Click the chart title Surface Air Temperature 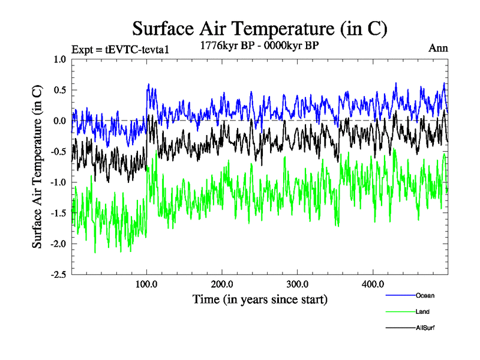259,28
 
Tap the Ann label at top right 438,48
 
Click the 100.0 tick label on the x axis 147,284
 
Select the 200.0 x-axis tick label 222,284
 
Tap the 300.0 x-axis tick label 298,284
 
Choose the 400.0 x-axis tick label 373,284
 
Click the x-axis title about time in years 260,299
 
